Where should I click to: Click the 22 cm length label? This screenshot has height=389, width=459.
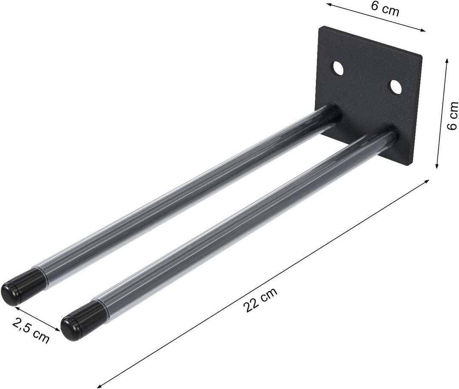click(x=261, y=300)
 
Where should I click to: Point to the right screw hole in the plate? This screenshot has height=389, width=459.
click(x=395, y=87)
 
